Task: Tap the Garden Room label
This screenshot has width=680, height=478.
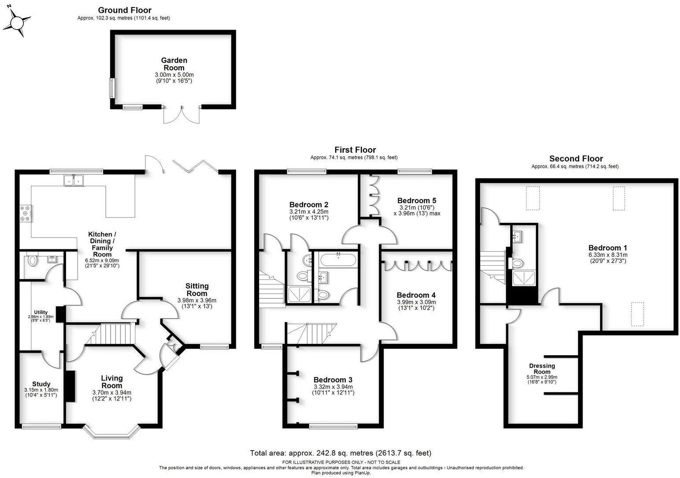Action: coord(174,64)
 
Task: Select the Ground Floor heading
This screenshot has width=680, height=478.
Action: coord(124,10)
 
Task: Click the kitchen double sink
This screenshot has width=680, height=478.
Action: coord(74,180)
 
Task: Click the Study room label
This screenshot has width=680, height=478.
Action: coord(41,384)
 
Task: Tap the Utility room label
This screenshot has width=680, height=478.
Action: coord(41,312)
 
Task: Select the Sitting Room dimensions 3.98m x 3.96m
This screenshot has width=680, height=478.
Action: coord(197,301)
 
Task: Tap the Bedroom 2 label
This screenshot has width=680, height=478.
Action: coord(309,205)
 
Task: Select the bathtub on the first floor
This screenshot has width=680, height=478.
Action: coord(338,260)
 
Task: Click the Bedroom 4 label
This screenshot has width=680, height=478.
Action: coord(416,295)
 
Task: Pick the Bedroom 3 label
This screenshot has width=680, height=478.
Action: coord(333,380)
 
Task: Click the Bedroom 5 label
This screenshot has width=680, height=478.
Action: coord(417,201)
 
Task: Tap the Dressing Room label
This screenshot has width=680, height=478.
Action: coord(542,369)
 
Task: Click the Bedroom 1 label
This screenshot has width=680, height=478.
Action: coord(607,248)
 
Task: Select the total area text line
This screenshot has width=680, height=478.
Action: coord(340,453)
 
